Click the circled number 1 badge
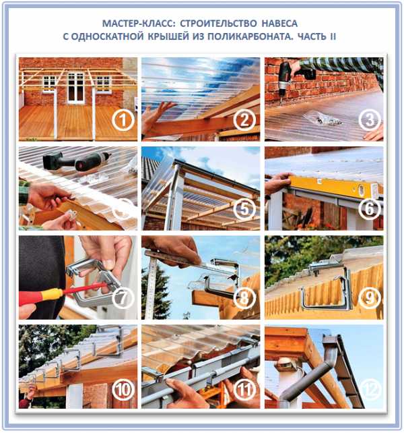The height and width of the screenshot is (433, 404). [x=123, y=121]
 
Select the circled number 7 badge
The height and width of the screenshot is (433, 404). [x=123, y=297]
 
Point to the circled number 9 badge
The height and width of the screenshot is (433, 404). [x=370, y=297]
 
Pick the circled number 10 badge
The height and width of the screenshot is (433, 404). [x=123, y=390]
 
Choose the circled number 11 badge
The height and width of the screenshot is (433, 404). [x=244, y=390]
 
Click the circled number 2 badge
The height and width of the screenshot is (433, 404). [x=244, y=121]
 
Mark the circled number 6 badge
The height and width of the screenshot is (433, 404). [x=370, y=209]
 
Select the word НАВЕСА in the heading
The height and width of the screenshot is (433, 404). [x=279, y=24]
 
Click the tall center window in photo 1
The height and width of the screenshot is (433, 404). [x=76, y=88]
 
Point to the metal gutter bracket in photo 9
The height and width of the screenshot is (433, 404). [x=327, y=287]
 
